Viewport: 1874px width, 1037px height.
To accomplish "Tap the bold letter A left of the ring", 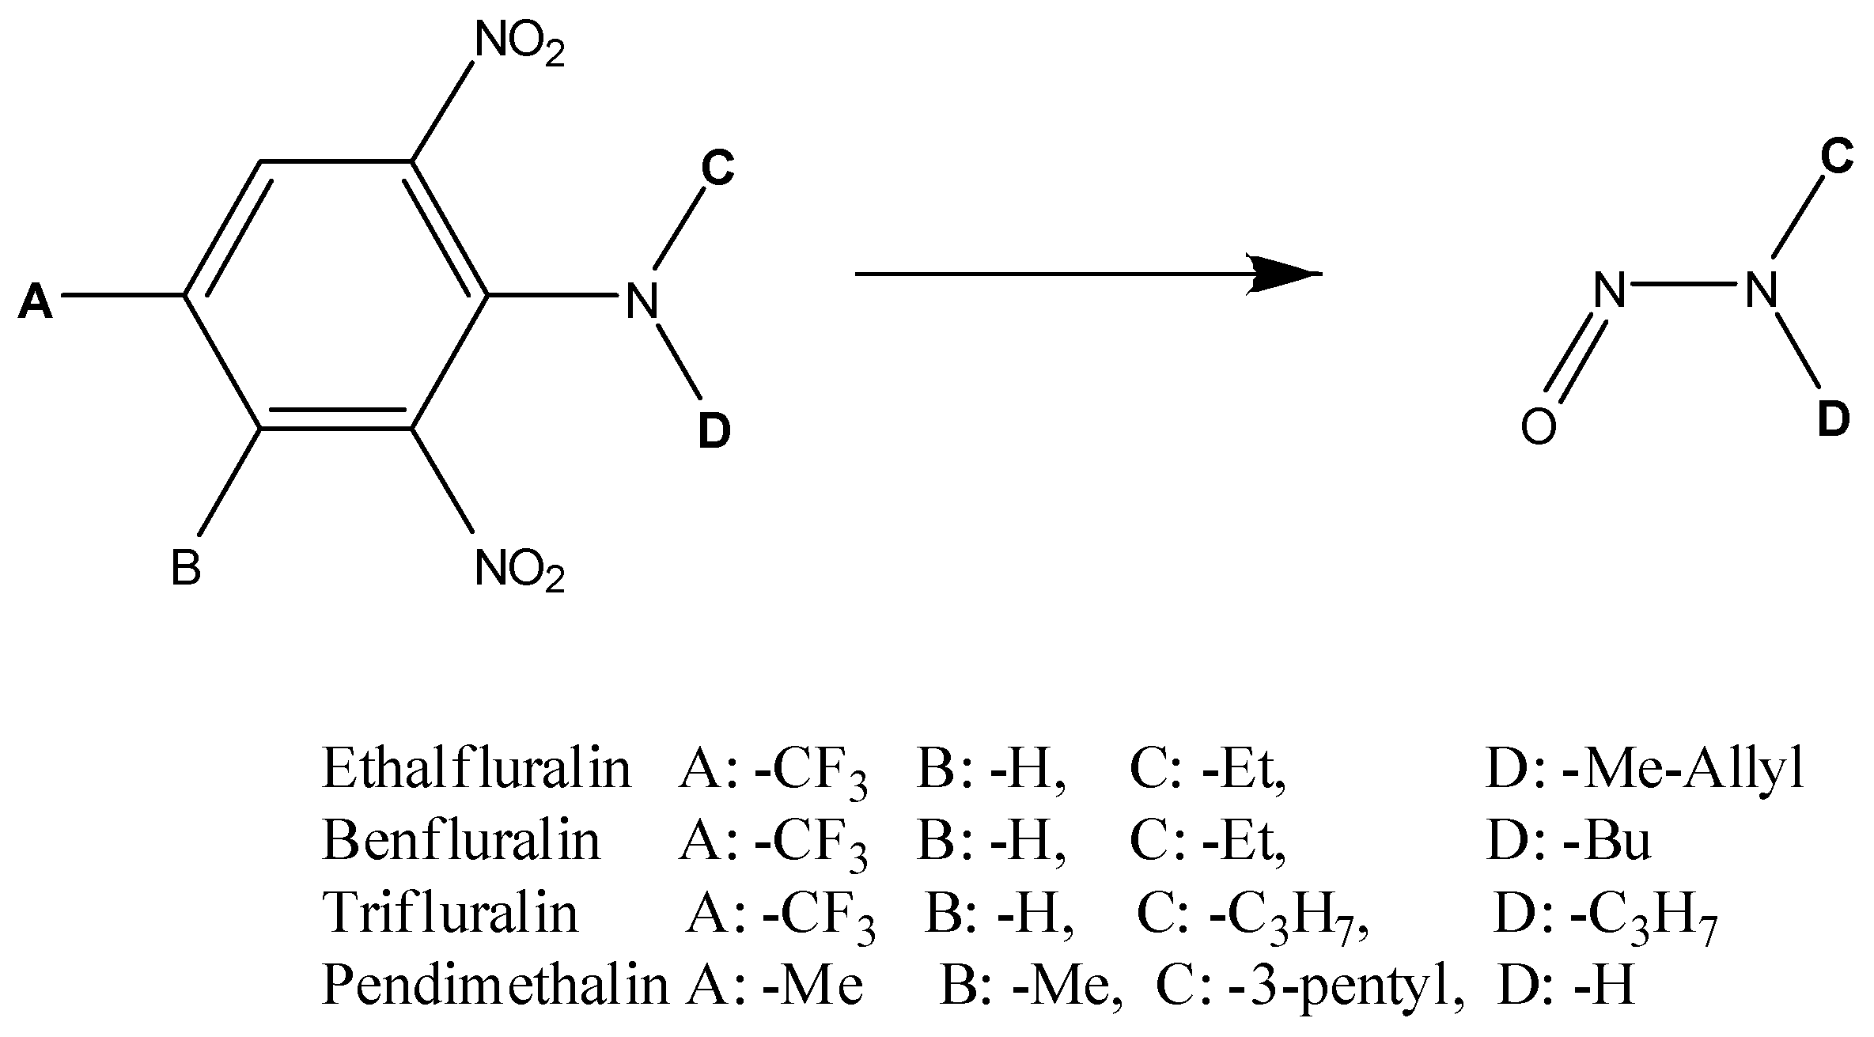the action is [36, 302].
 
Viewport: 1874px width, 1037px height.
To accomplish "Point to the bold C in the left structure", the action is [717, 168].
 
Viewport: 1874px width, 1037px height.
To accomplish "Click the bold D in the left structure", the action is [714, 432].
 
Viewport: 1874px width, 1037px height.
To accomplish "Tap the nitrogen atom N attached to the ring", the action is [641, 302].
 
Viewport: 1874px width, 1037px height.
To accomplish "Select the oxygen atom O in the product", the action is [1538, 428].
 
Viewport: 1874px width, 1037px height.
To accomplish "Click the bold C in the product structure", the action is [1837, 157].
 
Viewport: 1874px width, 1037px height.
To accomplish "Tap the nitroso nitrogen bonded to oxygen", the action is [1610, 290].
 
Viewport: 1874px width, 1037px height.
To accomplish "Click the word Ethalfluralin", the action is [476, 768].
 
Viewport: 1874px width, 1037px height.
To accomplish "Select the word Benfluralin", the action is [461, 840].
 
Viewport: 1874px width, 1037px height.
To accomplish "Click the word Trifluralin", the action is [450, 912].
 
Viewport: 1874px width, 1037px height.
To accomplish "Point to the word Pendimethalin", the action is [494, 985].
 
